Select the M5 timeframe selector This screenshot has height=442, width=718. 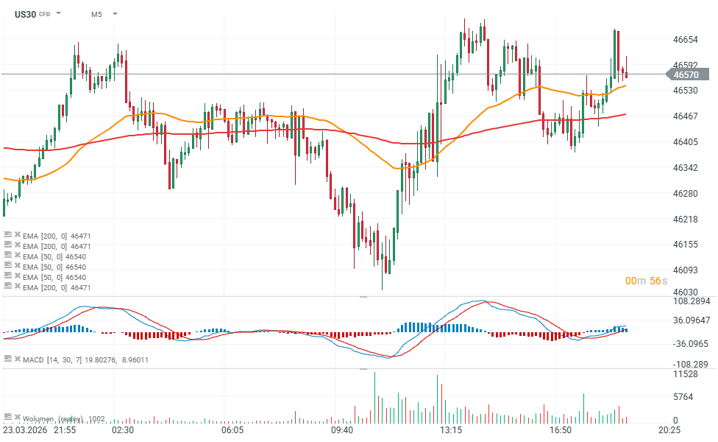97,14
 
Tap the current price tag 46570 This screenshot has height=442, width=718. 686,74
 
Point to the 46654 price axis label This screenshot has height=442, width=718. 685,39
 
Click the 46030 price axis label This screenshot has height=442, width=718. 685,292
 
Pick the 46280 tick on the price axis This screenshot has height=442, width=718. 685,193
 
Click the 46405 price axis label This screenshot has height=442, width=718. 685,141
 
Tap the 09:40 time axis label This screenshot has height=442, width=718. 342,429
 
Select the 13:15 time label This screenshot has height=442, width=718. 451,429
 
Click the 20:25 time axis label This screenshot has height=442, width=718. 669,429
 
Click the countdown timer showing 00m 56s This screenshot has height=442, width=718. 647,281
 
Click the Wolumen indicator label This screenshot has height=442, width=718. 51,418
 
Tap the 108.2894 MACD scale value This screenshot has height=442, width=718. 692,301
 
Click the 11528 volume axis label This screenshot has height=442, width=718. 685,374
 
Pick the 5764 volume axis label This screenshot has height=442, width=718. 683,397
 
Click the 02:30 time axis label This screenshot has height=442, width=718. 122,429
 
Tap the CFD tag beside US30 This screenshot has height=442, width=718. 44,14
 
